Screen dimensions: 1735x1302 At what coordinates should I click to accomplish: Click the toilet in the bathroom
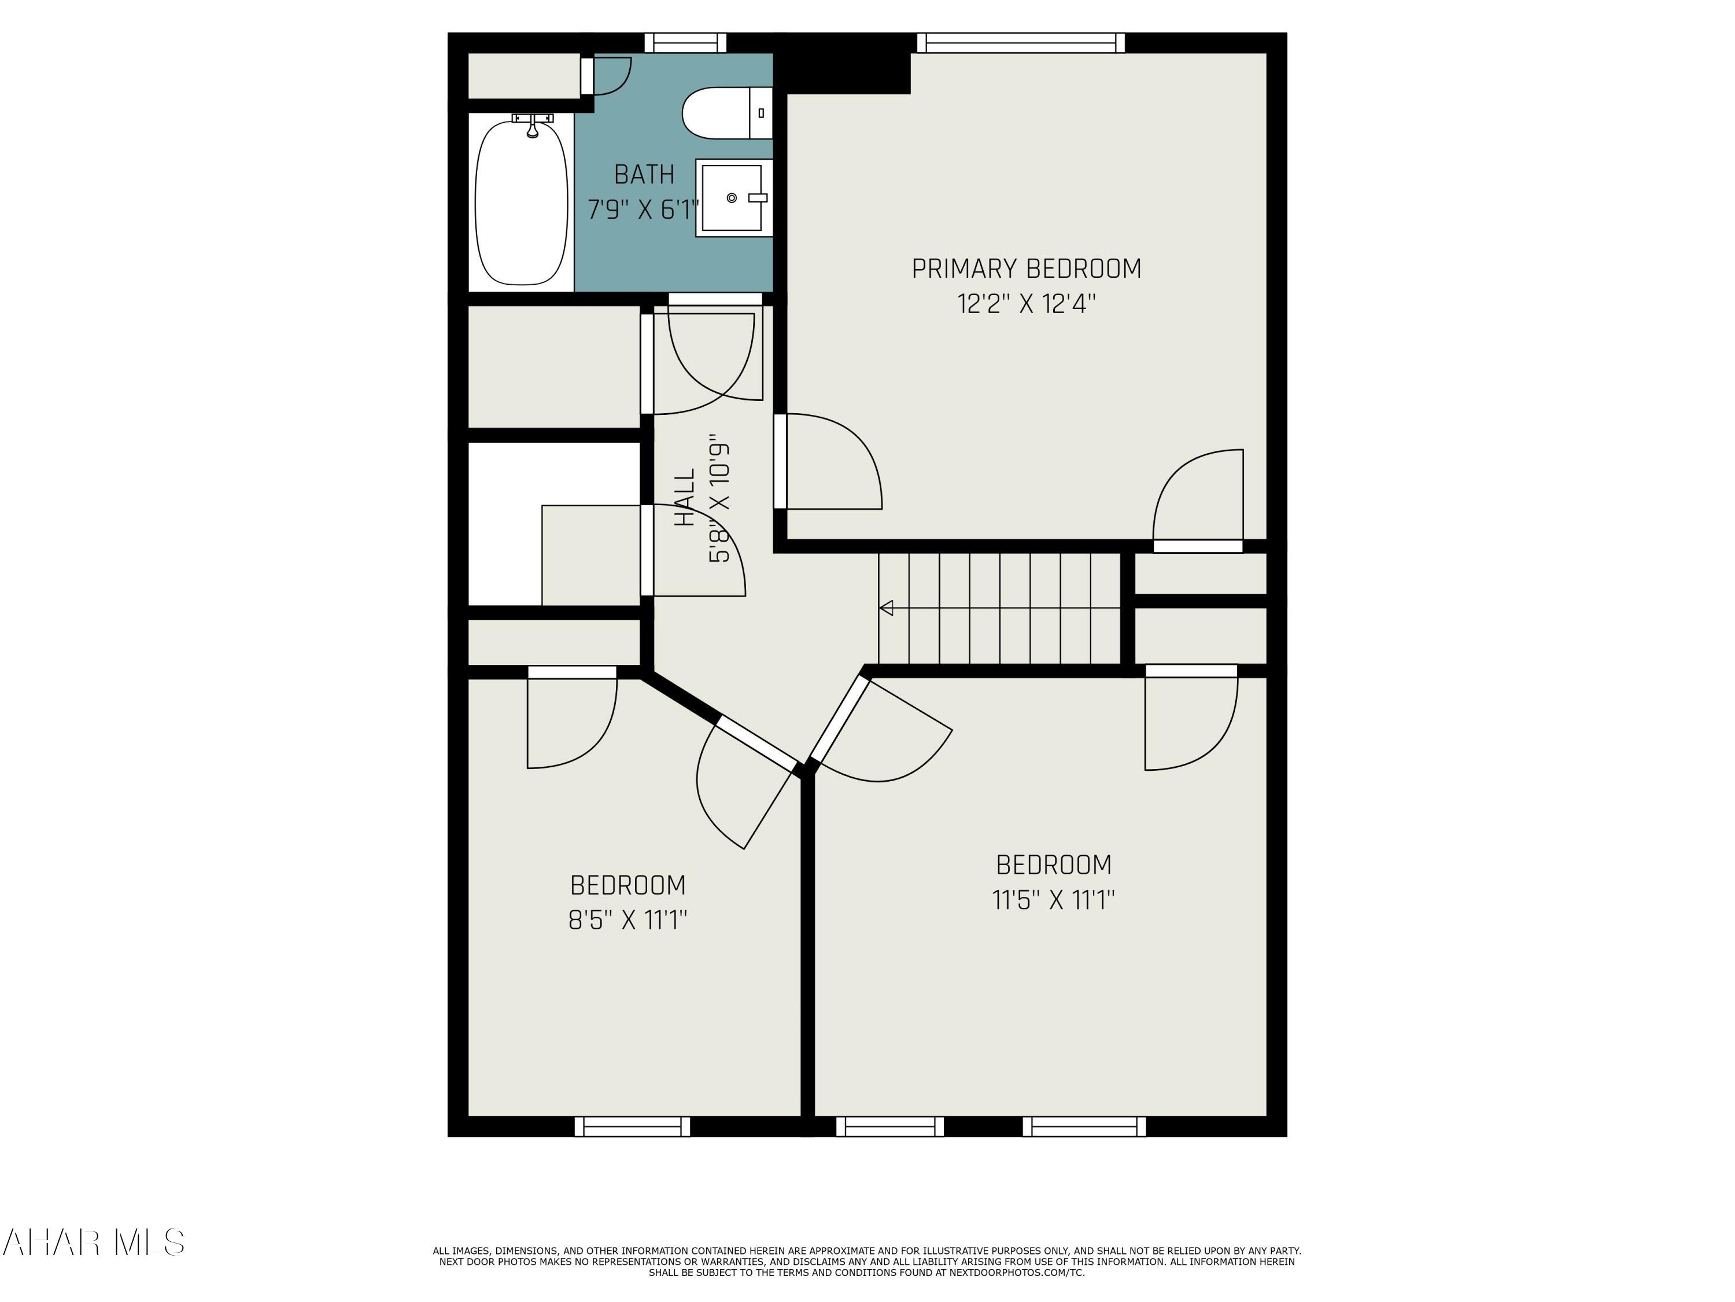click(727, 113)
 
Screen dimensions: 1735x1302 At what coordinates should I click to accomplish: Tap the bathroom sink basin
click(731, 198)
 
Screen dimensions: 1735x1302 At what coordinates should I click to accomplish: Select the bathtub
click(522, 203)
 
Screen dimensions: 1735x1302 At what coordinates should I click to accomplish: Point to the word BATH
click(644, 174)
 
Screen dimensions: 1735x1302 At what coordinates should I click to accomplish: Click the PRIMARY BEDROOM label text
click(1026, 269)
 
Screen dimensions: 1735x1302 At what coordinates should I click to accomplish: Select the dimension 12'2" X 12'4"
click(1026, 304)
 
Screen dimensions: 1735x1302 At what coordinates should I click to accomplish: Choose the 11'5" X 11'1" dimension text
click(1053, 899)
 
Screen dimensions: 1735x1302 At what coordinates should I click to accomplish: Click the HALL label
click(685, 498)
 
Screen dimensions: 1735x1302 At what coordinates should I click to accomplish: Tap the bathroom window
click(685, 42)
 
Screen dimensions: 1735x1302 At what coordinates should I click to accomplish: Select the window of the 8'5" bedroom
click(632, 1126)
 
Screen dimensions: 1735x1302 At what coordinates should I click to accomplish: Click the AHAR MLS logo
click(93, 1242)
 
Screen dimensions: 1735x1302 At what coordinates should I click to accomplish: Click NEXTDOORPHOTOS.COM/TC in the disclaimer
click(1017, 1272)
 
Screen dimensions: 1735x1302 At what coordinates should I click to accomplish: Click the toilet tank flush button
click(761, 113)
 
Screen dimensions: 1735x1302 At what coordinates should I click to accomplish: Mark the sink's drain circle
click(732, 198)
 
